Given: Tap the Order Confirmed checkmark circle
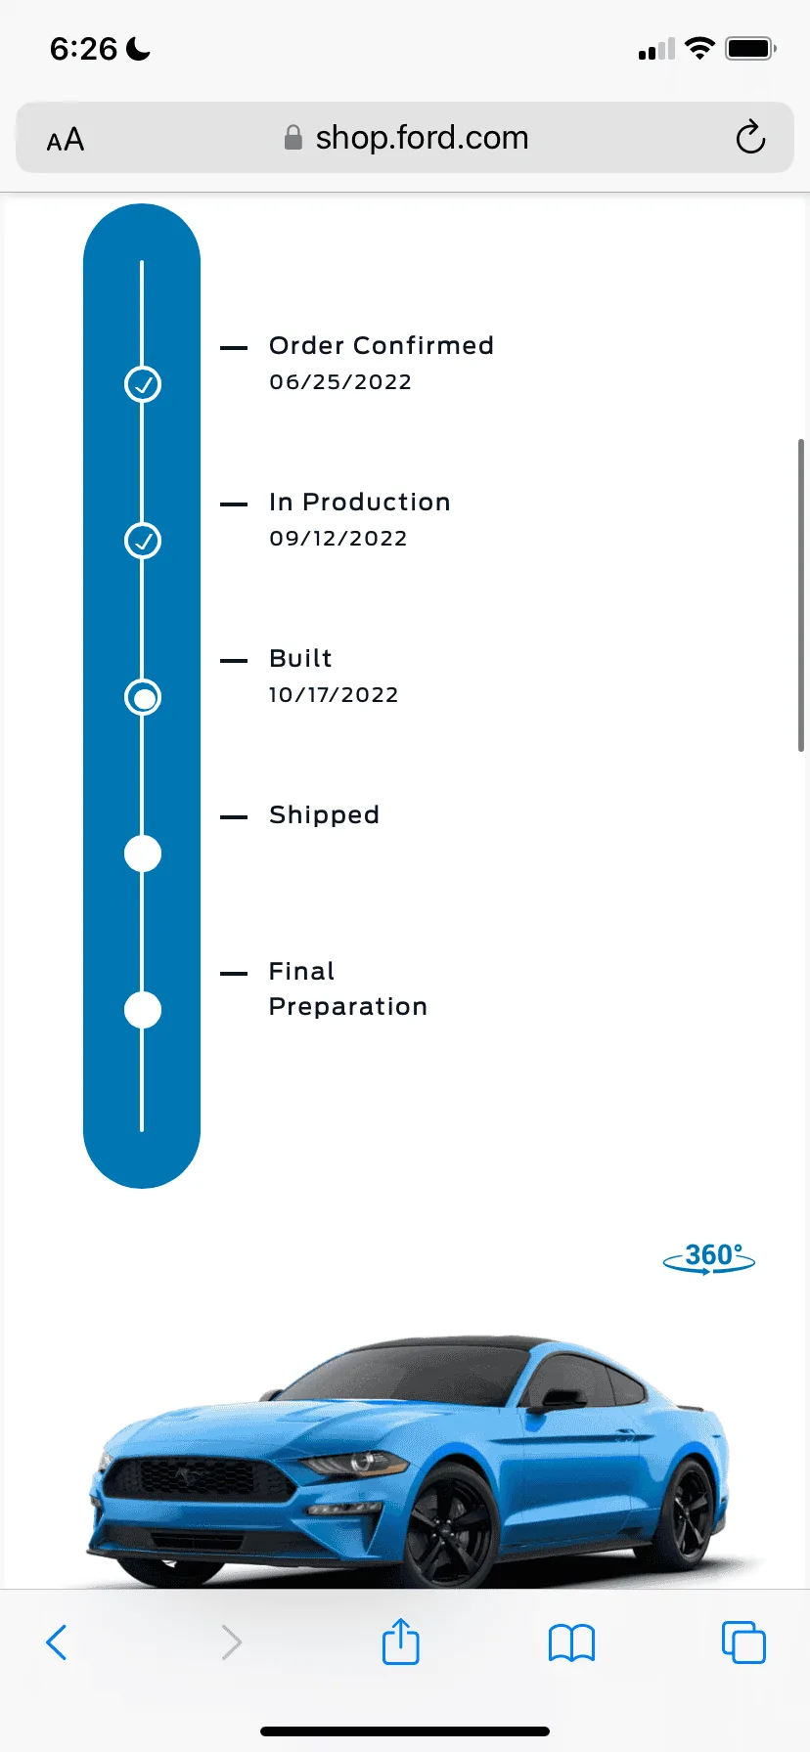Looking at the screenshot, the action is point(143,384).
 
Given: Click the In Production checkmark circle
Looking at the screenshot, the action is point(143,541).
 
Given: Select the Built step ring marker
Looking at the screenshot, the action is point(143,697).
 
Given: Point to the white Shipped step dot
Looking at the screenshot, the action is point(143,854).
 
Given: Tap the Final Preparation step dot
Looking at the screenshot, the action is point(143,1010).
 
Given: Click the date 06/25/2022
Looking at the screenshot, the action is point(340,382).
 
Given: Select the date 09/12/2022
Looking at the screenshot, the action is point(338,539).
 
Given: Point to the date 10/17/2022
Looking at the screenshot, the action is point(334,695).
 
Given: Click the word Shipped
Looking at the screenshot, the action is point(324,815).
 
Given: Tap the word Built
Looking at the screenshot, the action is point(300,658).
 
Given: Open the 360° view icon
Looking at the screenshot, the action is point(709,1257).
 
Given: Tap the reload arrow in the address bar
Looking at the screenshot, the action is point(750,138).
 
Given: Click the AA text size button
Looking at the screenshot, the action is point(66,140).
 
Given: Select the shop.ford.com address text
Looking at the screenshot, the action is point(422,138).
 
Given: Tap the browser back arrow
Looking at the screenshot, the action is point(57,1642).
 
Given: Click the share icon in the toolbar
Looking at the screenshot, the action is point(400,1641).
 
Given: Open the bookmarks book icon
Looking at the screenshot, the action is point(572,1643).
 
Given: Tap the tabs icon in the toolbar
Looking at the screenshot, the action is point(743,1642).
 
